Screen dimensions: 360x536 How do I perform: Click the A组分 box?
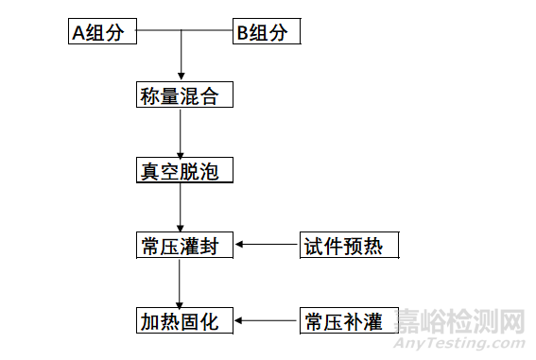tap(103, 32)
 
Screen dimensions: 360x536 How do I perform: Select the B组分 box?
tap(267, 32)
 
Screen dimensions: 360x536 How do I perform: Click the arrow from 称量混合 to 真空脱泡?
tap(181, 133)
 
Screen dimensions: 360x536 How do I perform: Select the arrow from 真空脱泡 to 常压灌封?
tap(181, 209)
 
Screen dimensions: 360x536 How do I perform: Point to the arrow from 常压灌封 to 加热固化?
tap(181, 283)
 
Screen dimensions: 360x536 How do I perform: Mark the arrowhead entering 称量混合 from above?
tap(181, 77)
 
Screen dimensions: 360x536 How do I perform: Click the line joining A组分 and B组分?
tap(184, 32)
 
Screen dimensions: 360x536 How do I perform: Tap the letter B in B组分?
tap(243, 33)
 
